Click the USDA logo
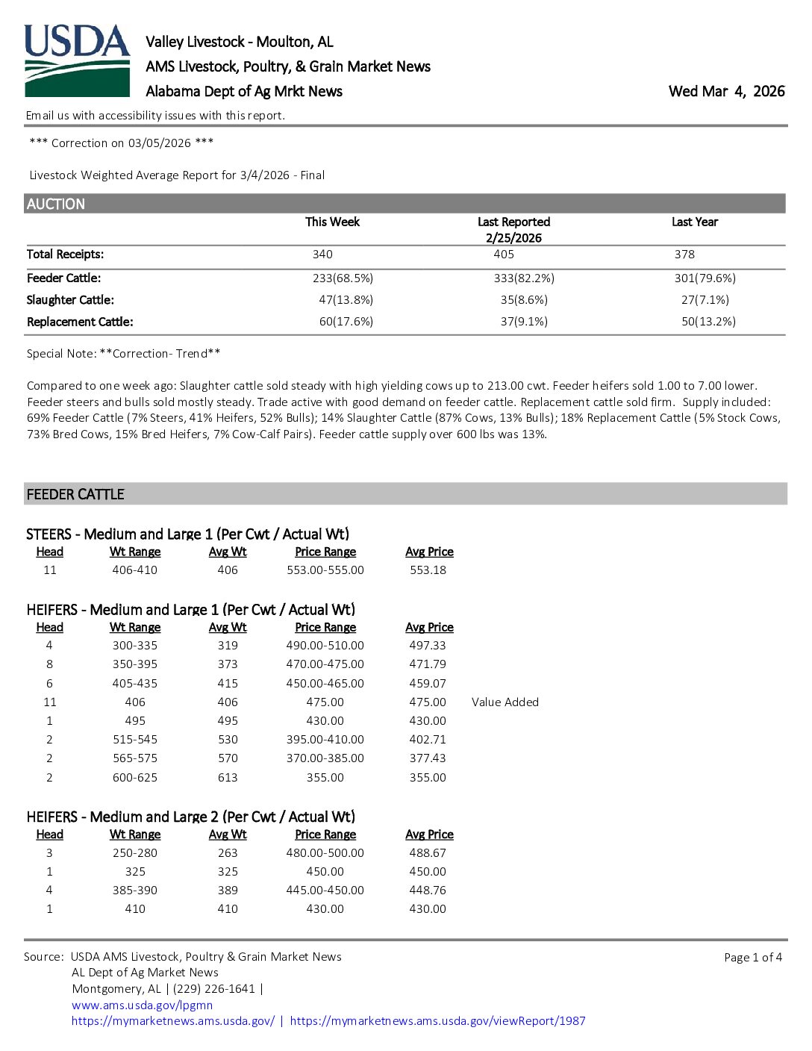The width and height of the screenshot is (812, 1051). (x=78, y=60)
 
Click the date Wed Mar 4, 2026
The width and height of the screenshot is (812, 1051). (x=726, y=91)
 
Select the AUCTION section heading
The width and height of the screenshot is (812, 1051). (x=56, y=204)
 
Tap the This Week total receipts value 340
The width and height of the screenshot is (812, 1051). (x=322, y=255)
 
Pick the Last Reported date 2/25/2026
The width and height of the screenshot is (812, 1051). (x=513, y=238)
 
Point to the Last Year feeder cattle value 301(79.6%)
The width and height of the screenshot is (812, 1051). (x=705, y=278)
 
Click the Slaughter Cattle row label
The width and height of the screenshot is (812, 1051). (x=70, y=300)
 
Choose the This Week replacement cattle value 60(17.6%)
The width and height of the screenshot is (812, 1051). (x=346, y=322)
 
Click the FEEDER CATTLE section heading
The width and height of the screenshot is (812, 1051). (x=75, y=494)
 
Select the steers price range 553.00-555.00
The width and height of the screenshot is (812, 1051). (x=325, y=570)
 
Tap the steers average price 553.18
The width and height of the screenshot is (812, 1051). (x=428, y=570)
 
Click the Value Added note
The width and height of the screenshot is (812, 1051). (x=505, y=702)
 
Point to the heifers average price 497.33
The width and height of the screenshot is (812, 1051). (x=428, y=646)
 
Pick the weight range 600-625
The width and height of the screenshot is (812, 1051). (x=135, y=778)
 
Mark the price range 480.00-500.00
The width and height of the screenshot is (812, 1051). (x=325, y=853)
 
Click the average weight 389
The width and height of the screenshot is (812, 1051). (x=228, y=891)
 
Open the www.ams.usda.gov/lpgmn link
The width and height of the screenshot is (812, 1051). (x=142, y=1005)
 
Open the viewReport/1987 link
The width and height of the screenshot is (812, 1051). (x=437, y=1021)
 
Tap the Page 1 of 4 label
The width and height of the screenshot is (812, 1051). (x=752, y=958)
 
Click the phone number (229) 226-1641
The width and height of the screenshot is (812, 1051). (x=214, y=989)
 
